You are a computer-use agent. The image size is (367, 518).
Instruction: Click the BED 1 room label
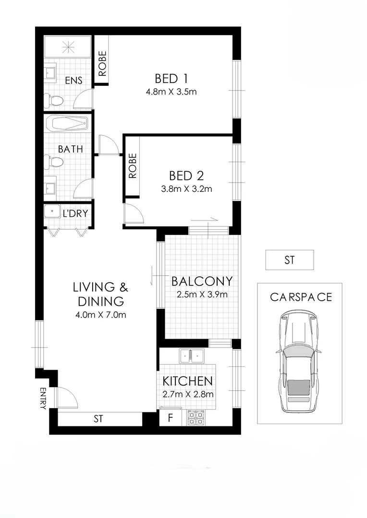(x=171, y=78)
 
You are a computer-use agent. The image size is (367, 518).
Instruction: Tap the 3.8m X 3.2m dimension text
(x=187, y=189)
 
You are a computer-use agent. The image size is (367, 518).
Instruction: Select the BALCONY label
(x=201, y=281)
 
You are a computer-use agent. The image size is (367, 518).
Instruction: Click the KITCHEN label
(x=187, y=381)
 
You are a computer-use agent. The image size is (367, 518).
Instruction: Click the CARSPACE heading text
(x=301, y=297)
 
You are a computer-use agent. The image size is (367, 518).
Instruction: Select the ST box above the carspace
(x=289, y=260)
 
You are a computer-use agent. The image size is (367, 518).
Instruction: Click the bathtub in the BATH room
(x=68, y=125)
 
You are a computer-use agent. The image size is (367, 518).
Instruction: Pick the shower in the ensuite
(x=68, y=47)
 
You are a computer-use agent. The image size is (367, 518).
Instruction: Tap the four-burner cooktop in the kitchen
(x=196, y=418)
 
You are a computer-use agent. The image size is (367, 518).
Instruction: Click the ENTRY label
(x=42, y=398)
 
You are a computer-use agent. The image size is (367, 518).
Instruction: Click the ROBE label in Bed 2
(x=133, y=166)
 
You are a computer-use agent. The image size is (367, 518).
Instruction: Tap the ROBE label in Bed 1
(x=102, y=64)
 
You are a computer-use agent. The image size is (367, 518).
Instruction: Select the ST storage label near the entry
(x=98, y=419)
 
